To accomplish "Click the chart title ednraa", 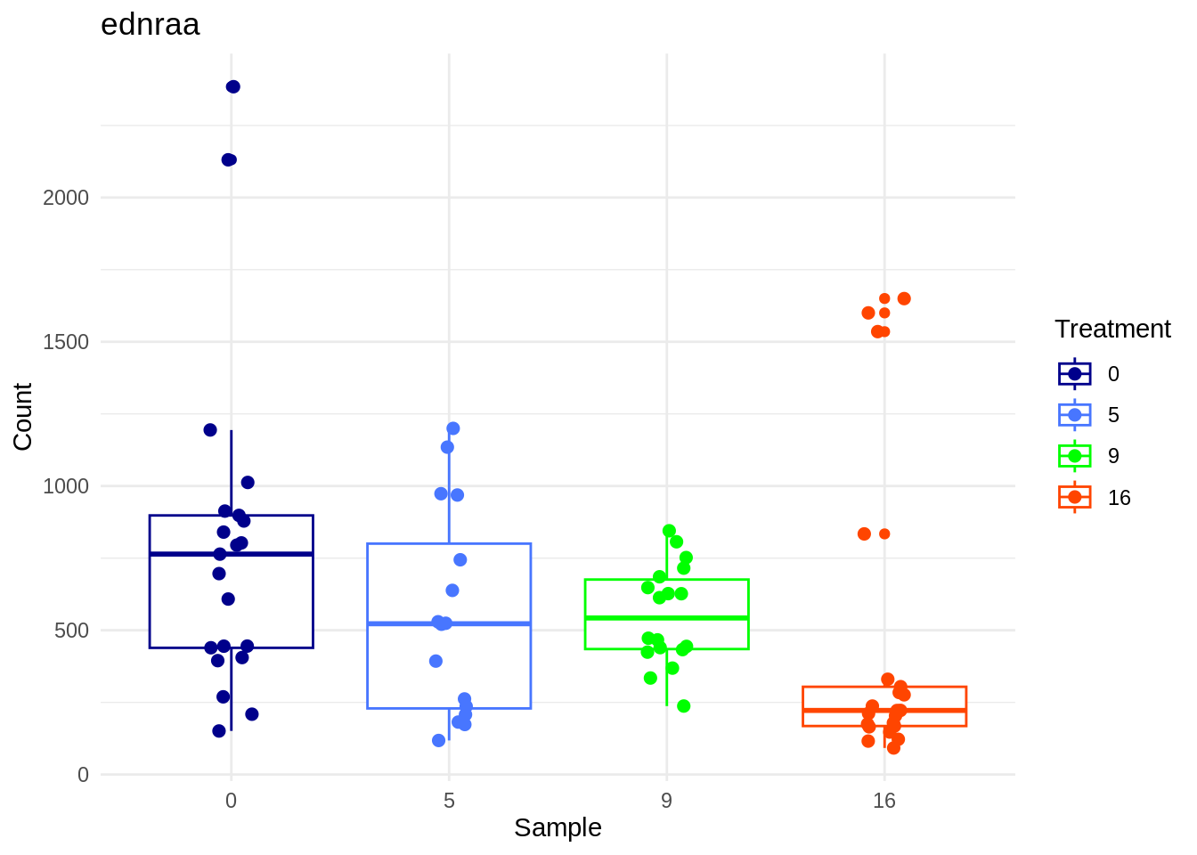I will [150, 25].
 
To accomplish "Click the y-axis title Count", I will [22, 417].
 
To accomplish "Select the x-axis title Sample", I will [558, 828].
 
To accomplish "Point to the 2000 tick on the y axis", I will [67, 198].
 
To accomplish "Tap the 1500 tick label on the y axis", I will [67, 342].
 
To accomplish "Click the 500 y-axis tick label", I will [72, 631].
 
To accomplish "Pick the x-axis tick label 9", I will [666, 801].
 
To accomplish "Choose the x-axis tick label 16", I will [883, 801].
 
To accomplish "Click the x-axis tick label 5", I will [449, 801].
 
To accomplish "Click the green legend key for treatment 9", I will [1075, 456].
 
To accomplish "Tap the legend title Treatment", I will [1112, 329].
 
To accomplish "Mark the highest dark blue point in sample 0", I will [233, 86].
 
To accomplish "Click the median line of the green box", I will [666, 617].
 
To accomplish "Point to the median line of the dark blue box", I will [231, 554].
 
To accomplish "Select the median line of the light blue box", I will [449, 623].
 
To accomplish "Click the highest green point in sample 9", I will [669, 531].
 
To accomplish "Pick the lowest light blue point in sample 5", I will [438, 740].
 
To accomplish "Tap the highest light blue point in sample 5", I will [452, 428].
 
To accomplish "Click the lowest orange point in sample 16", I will [893, 748].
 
